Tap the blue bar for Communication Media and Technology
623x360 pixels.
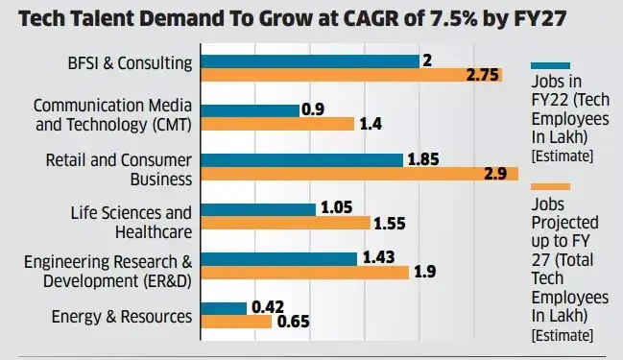click(x=250, y=110)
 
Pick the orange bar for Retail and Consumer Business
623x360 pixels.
click(x=359, y=174)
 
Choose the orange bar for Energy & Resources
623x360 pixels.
click(x=236, y=322)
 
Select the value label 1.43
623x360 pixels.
click(x=378, y=258)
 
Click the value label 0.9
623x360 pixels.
click(x=312, y=110)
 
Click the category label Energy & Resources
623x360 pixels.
click(x=122, y=315)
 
